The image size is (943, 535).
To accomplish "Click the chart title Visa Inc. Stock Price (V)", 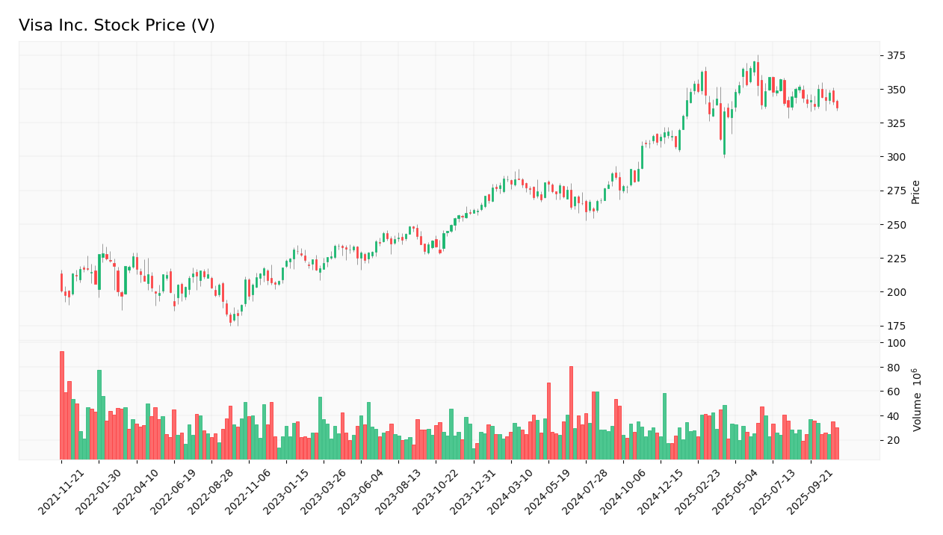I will pyautogui.click(x=117, y=26).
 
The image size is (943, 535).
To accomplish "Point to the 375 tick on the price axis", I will pyautogui.click(x=896, y=55).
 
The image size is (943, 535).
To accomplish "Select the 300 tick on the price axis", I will pyautogui.click(x=896, y=157).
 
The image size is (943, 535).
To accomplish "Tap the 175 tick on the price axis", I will pyautogui.click(x=896, y=326).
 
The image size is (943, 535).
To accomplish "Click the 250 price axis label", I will pyautogui.click(x=896, y=224).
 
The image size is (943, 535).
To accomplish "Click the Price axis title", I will pyautogui.click(x=915, y=191).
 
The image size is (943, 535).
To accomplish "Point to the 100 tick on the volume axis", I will pyautogui.click(x=896, y=343).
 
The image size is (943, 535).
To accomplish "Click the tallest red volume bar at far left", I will pyautogui.click(x=62, y=405).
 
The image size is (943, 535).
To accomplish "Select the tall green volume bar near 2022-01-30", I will pyautogui.click(x=99, y=415).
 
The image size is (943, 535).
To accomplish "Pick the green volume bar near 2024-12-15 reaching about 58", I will pyautogui.click(x=664, y=426).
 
